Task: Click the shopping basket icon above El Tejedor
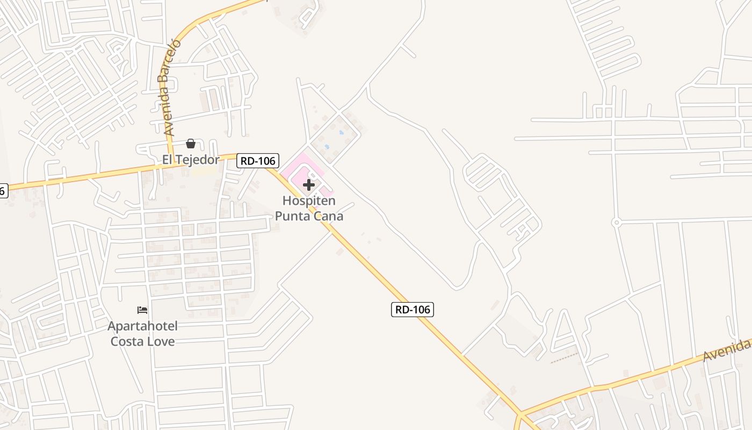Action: coord(191,144)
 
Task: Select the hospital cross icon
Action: coord(309,185)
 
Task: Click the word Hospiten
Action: coord(309,201)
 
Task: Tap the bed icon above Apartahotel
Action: coord(142,310)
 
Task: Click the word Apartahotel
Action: coord(142,326)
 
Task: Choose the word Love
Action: coord(161,341)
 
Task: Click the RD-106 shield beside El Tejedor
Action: coord(258,160)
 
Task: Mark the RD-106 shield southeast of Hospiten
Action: coord(412,309)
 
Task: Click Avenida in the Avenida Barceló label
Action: coord(169,111)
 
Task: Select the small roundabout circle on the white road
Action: coord(616,222)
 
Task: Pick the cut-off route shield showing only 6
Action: coord(3,190)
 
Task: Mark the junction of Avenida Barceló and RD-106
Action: coord(171,164)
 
